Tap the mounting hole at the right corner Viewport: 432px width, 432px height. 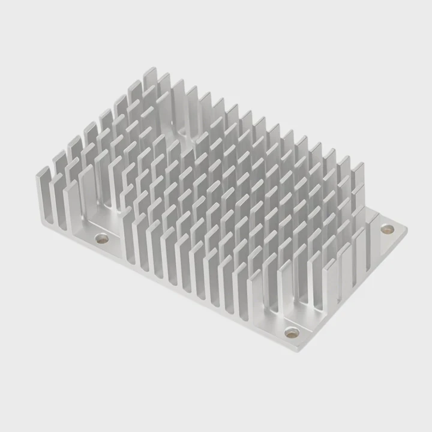click(x=387, y=229)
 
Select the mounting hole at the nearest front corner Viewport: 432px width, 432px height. click(x=292, y=332)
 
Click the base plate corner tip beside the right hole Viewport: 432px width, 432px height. click(x=406, y=229)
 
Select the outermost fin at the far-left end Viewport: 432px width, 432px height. click(x=43, y=192)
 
